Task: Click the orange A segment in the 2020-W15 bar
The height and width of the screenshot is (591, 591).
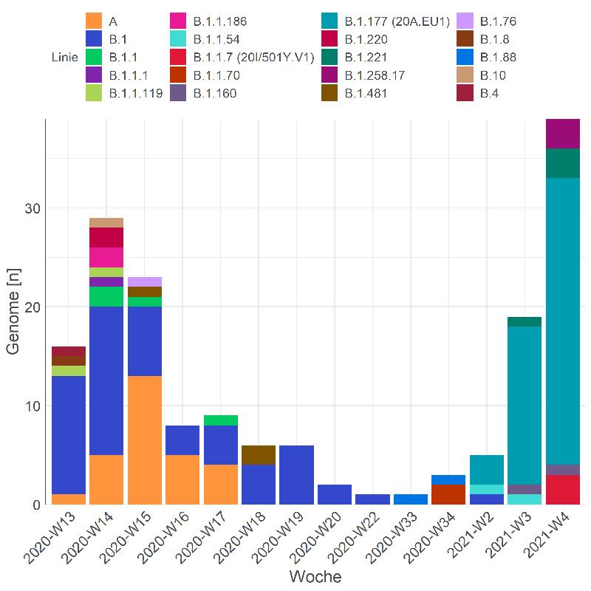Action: [x=144, y=440]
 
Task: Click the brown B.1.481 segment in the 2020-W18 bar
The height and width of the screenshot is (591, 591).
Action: [x=259, y=455]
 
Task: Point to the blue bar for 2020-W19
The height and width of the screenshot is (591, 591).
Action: [x=297, y=475]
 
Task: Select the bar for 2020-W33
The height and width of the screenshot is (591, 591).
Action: [x=411, y=499]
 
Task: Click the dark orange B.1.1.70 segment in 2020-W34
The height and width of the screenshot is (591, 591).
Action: [x=449, y=494]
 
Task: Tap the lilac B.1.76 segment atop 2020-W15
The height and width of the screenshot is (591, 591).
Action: [x=144, y=281]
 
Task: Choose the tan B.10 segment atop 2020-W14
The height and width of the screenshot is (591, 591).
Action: [x=106, y=222]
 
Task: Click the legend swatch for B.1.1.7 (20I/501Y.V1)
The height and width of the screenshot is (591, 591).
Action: [x=178, y=57]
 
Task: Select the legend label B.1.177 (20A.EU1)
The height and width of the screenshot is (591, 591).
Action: [x=397, y=21]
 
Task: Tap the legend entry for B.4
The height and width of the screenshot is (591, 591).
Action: [x=488, y=93]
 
